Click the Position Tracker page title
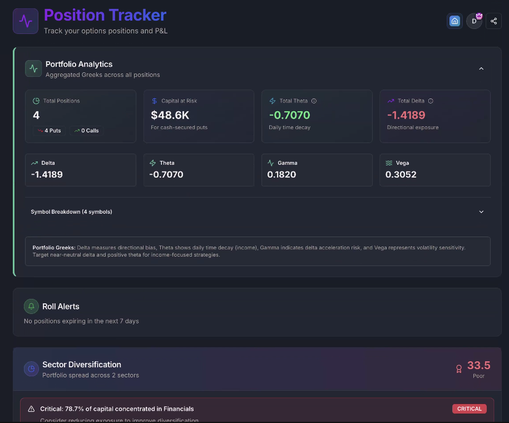coord(105,15)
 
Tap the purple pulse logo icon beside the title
coord(26,21)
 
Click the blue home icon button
coord(454,21)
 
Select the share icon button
coord(493,21)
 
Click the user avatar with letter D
coord(474,21)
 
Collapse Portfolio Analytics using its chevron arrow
coord(481,68)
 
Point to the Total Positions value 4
coord(36,115)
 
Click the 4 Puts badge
coord(49,131)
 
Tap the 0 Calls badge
coord(87,131)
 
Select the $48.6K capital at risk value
coord(170,115)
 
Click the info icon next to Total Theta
coord(314,101)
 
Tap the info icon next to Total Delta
coord(431,101)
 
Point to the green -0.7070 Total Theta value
coord(289,115)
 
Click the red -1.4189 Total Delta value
coord(406,115)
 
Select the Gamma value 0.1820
coord(281,174)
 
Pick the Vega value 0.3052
coord(401,174)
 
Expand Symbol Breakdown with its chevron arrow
coord(481,211)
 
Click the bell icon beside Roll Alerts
coord(31,307)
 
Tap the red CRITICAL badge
coord(469,409)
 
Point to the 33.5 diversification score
coord(478,365)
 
